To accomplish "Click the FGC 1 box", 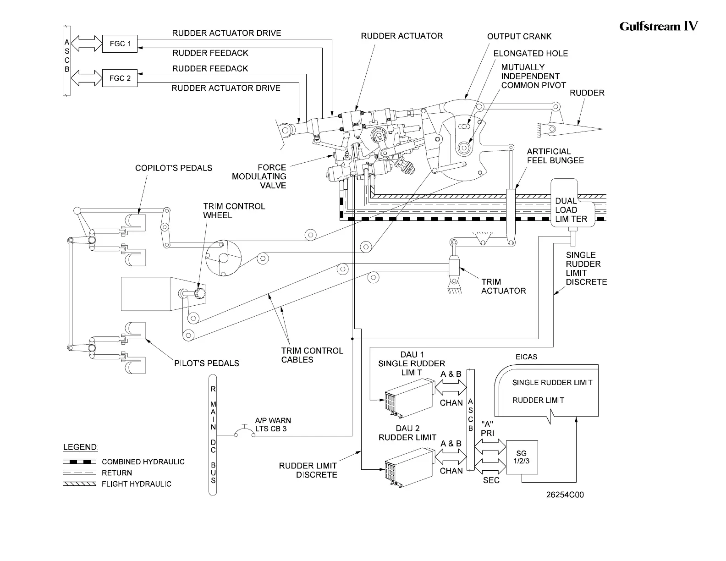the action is (x=120, y=44).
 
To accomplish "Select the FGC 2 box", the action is (x=120, y=78).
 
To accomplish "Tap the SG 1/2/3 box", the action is (x=522, y=457).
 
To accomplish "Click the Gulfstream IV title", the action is (x=659, y=26).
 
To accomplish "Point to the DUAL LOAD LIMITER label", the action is (x=571, y=210).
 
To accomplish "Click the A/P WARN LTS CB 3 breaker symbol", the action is (x=245, y=431).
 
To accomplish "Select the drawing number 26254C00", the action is (x=565, y=495).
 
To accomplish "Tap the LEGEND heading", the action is (x=81, y=447).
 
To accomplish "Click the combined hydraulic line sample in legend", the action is (x=79, y=462).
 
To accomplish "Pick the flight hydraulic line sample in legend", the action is (x=79, y=484).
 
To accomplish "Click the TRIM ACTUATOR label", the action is (x=504, y=286).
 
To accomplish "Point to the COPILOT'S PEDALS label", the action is (x=174, y=168).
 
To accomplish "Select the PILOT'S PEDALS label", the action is (x=207, y=363).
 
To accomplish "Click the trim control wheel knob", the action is (x=201, y=294).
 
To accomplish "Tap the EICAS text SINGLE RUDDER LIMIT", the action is (x=552, y=383).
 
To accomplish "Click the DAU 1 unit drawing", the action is (x=409, y=398).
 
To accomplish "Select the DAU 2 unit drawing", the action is (x=409, y=467).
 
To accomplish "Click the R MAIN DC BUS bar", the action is (x=213, y=434).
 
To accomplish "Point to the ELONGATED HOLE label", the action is (x=531, y=54).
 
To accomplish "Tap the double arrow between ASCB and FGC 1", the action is (x=87, y=44).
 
